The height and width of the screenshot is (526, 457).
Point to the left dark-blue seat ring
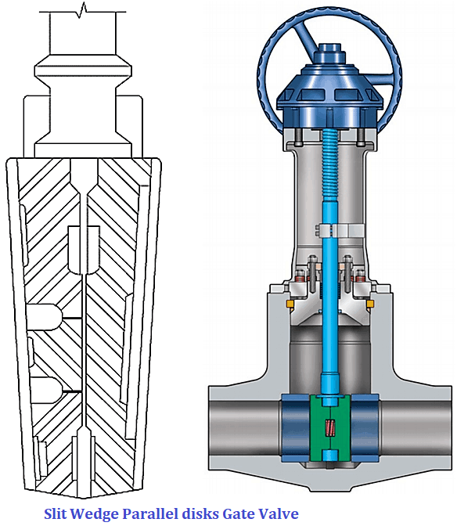(x=298, y=430)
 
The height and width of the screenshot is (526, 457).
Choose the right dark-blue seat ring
(x=362, y=430)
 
